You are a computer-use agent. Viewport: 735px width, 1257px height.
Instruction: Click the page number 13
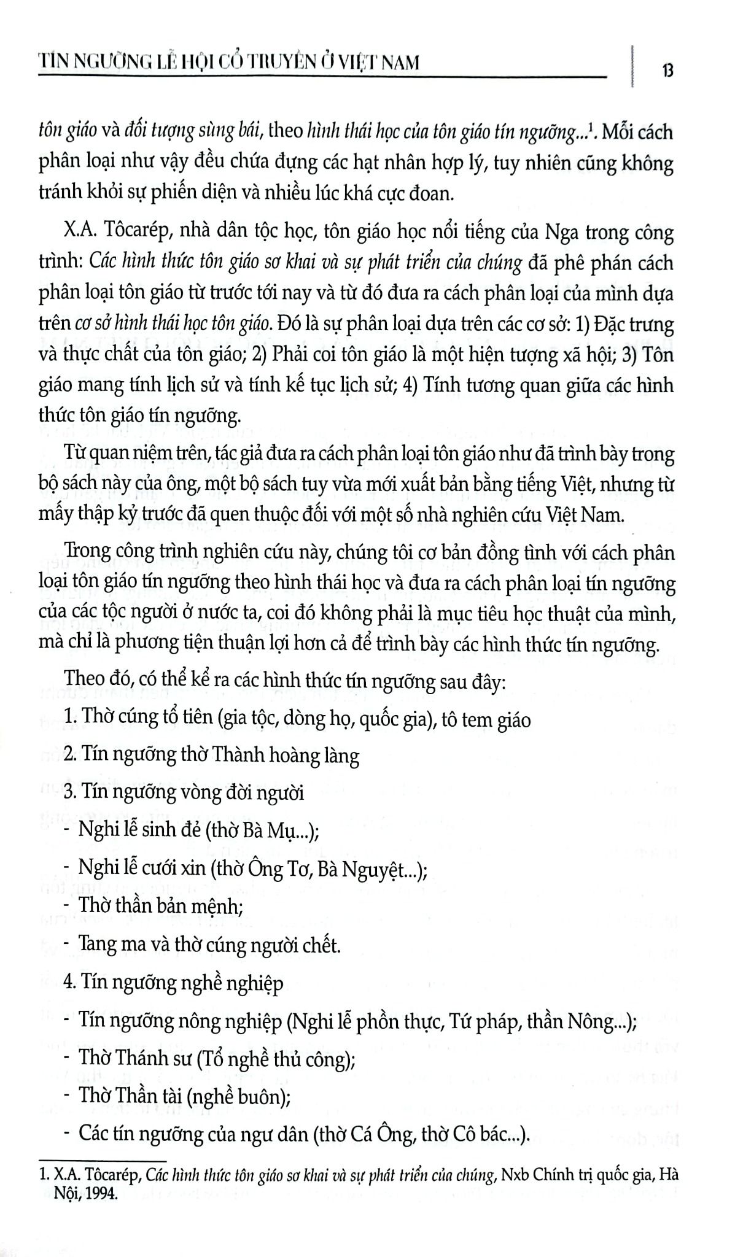click(x=667, y=71)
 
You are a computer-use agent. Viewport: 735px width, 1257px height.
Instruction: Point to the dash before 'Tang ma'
click(x=66, y=945)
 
